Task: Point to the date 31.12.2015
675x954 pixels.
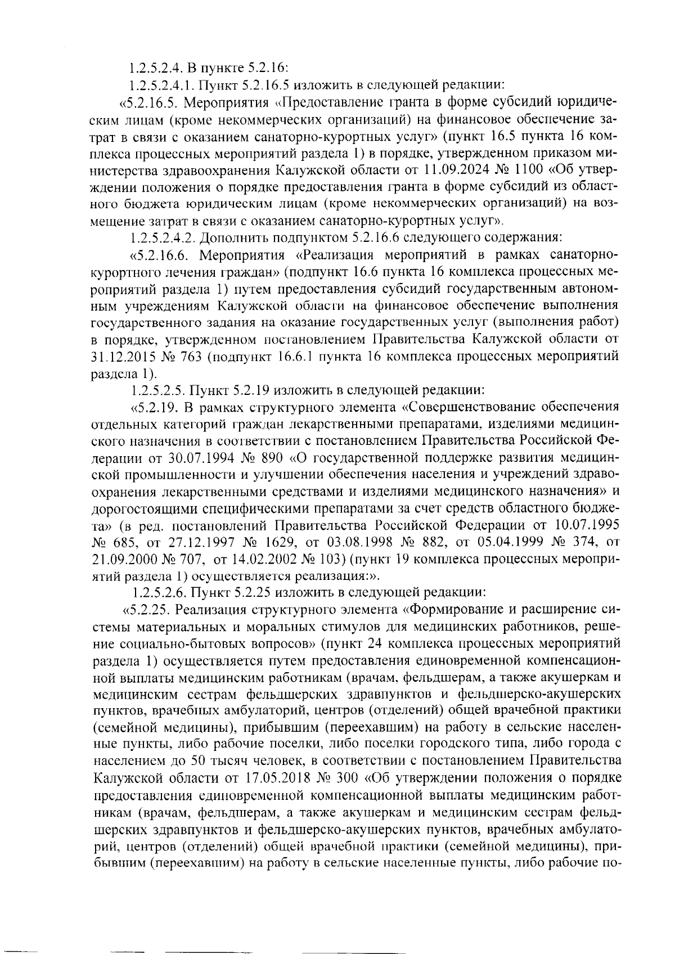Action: click(x=123, y=356)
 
